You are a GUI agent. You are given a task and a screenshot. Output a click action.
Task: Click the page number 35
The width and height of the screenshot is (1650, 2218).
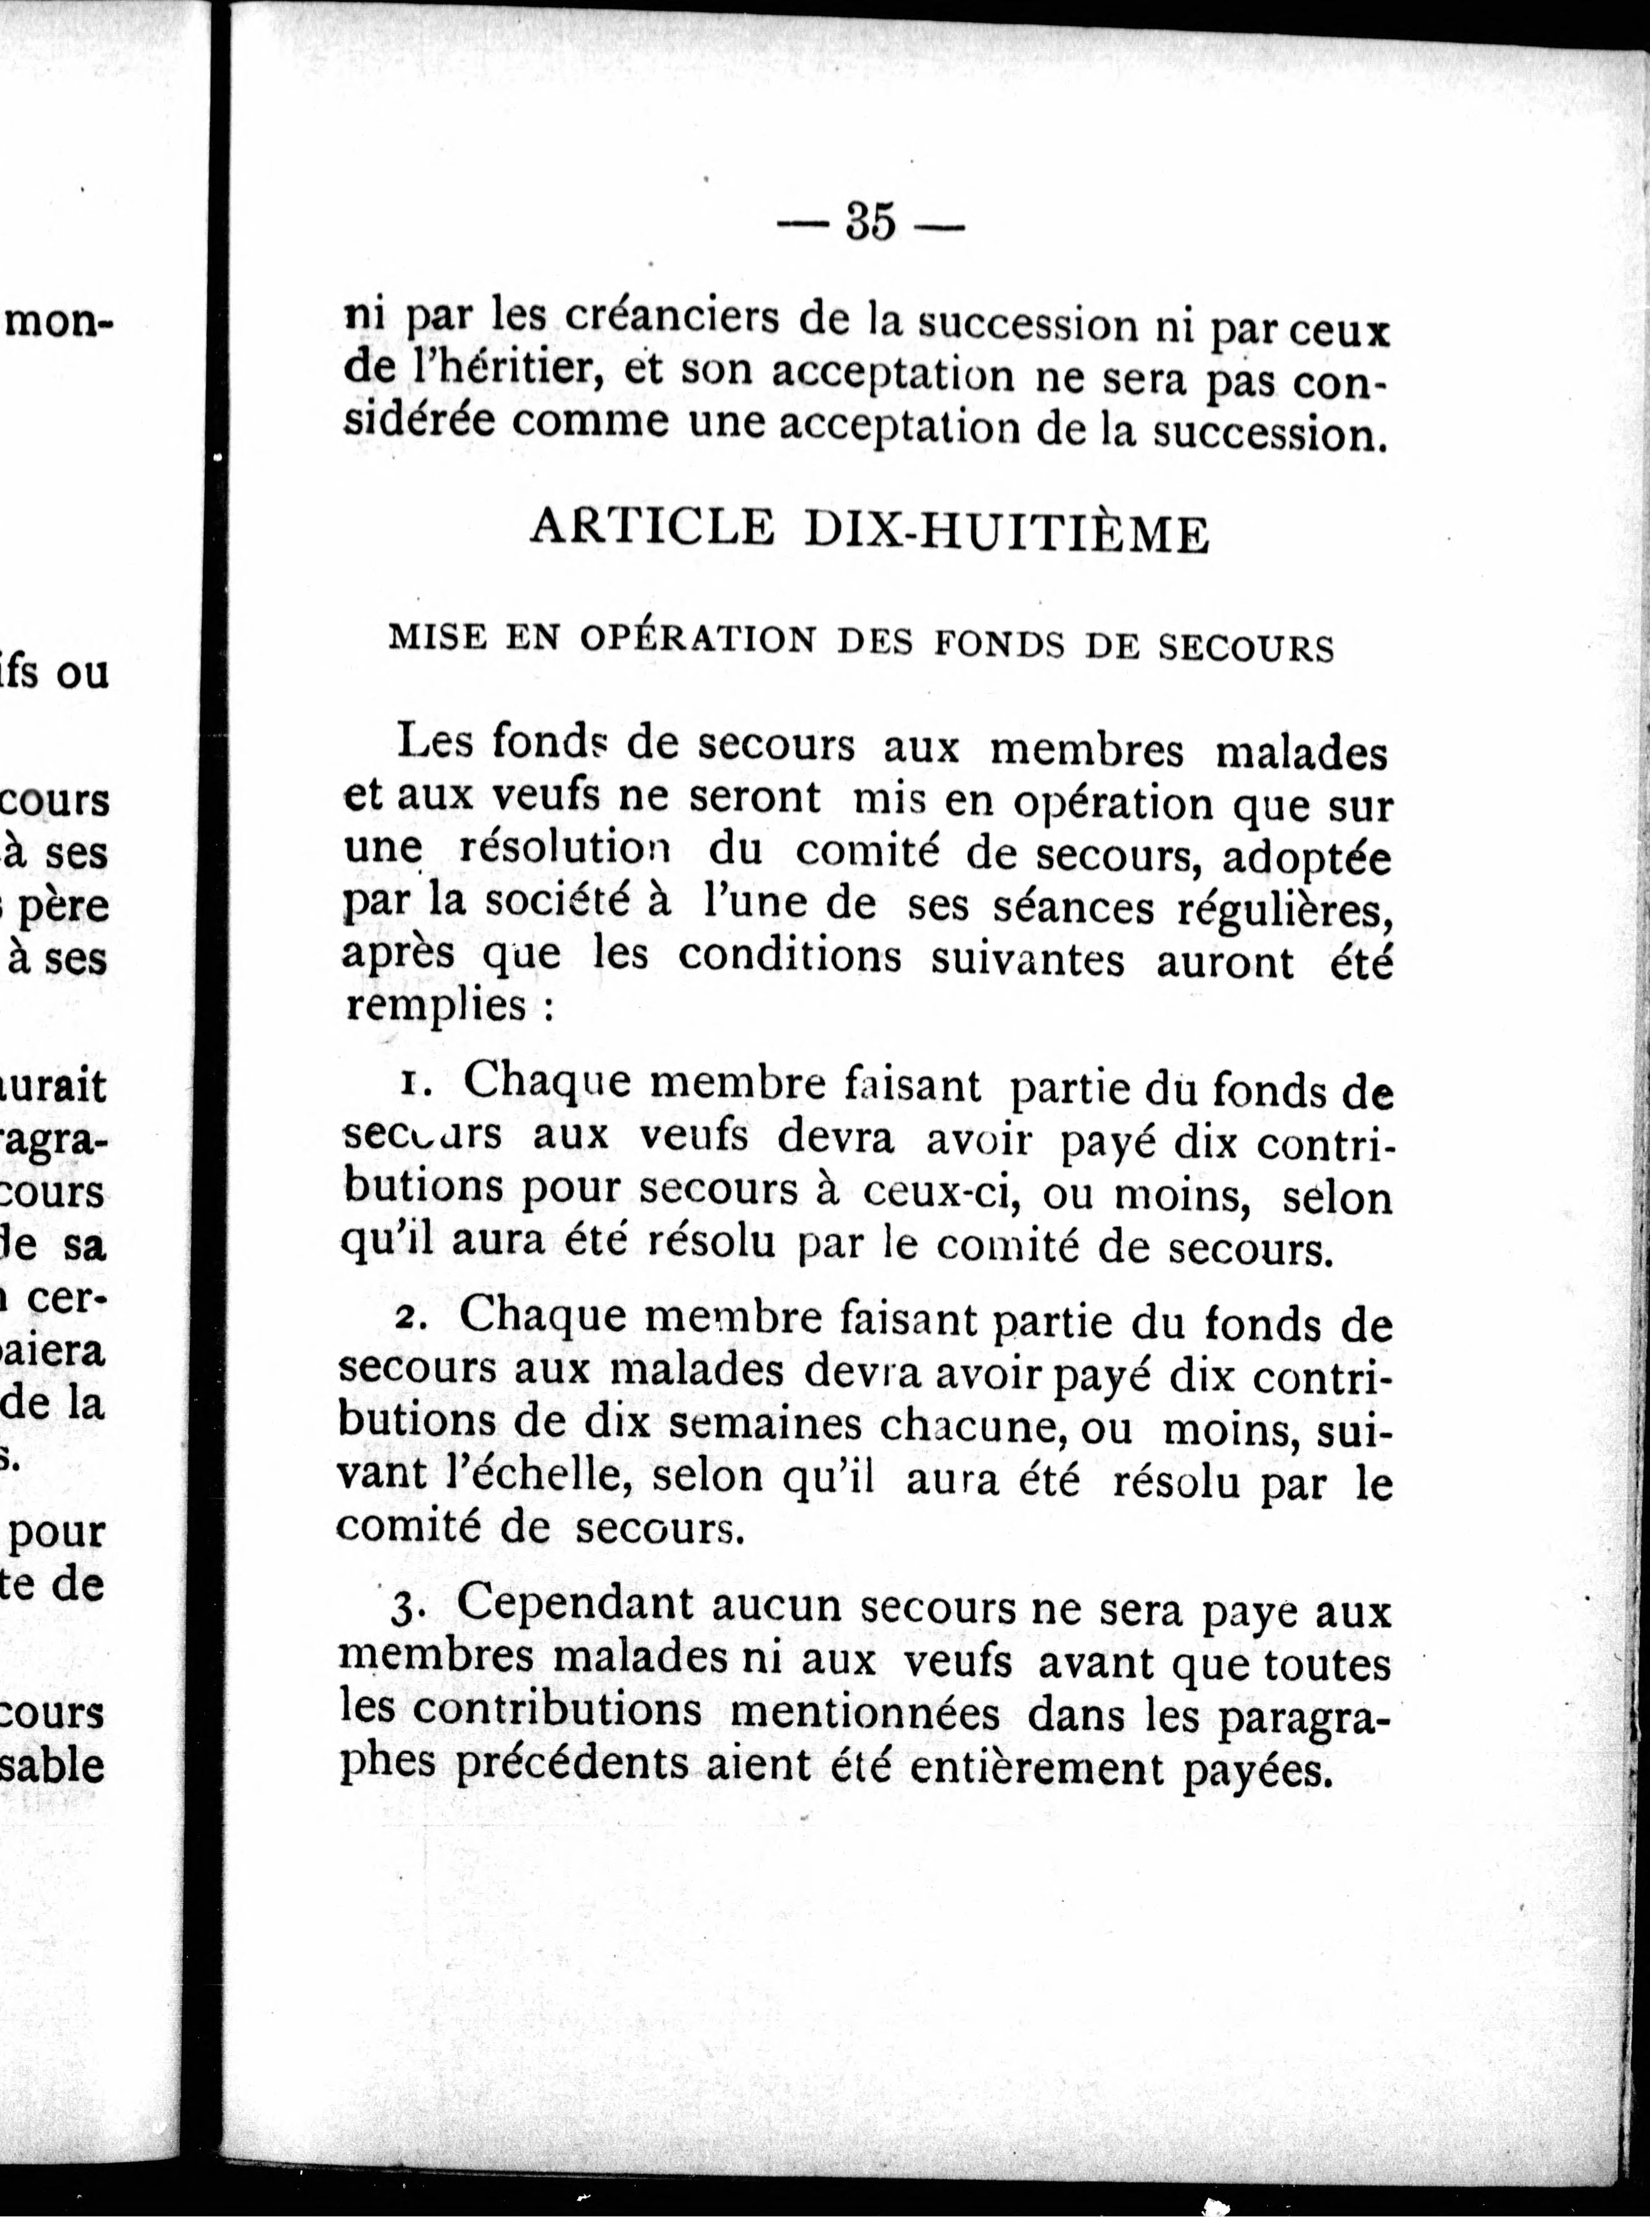871,223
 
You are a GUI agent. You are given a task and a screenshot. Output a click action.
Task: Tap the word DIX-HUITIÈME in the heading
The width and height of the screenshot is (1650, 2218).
1007,533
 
